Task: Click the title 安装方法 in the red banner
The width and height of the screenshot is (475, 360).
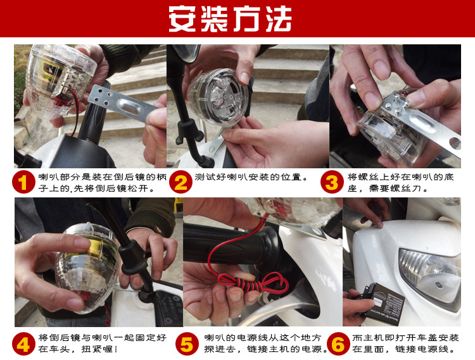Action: tap(230, 19)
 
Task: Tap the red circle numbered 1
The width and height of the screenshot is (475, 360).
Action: tap(23, 182)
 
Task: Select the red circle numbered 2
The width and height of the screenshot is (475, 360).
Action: tap(181, 182)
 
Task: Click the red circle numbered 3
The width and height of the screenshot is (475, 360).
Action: tap(332, 182)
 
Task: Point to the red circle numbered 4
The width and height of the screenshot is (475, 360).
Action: tap(23, 344)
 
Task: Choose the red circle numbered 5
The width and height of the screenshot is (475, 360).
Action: tap(187, 344)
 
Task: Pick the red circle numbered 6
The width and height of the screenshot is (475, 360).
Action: tap(338, 344)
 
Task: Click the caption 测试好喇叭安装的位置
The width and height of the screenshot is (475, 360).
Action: tap(251, 177)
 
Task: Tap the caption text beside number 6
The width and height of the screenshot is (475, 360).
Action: tap(405, 344)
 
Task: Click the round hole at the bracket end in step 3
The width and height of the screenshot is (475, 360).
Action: tap(454, 144)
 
